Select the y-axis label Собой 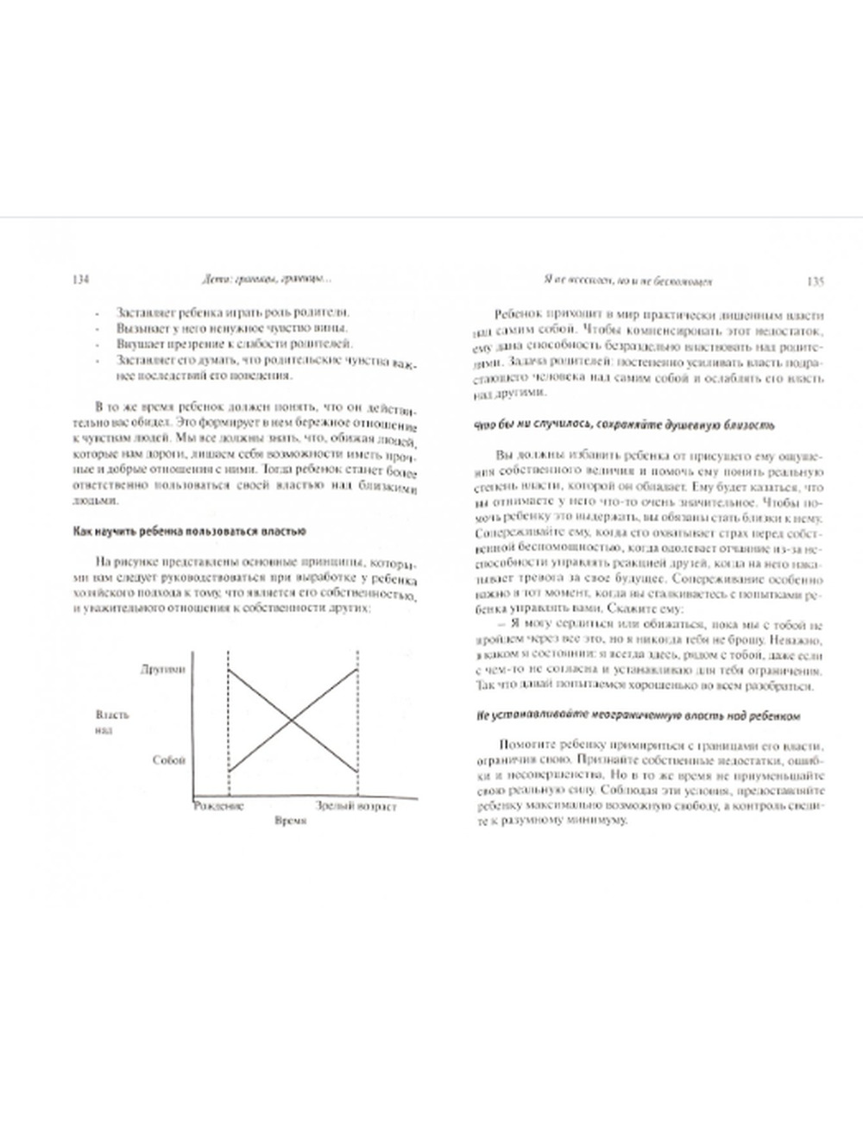pos(169,759)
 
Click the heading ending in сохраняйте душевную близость pos(624,425)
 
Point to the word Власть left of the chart pos(114,715)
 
